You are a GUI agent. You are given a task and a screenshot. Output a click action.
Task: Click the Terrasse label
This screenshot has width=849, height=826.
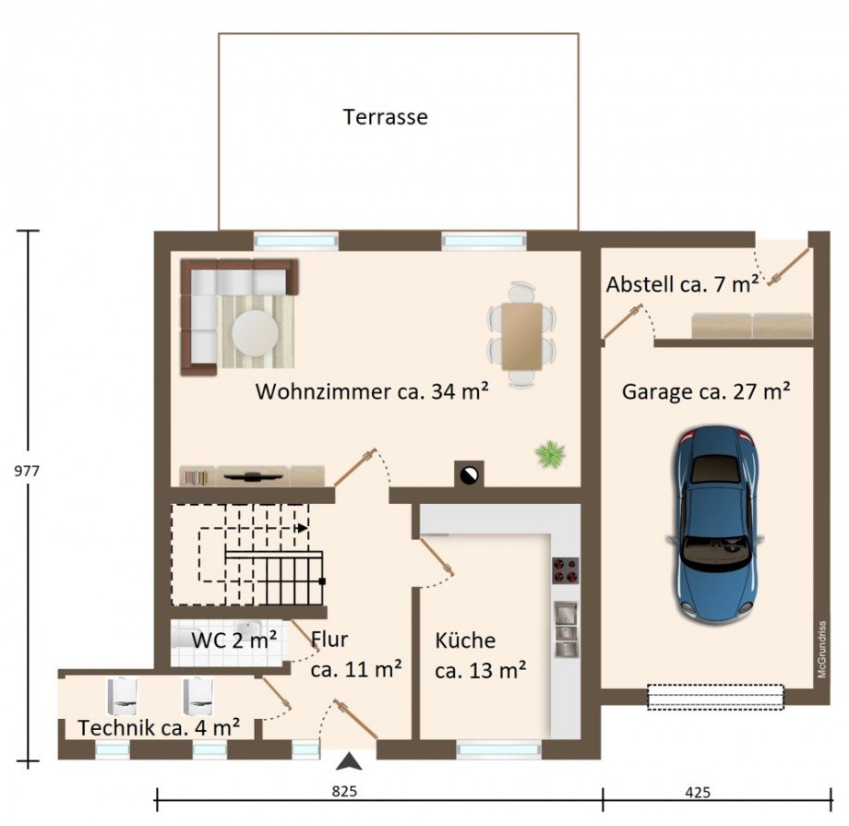[x=385, y=117]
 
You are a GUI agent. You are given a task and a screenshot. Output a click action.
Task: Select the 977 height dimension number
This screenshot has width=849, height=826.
[x=27, y=471]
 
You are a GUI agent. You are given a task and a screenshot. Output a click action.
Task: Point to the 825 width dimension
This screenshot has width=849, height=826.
[x=344, y=791]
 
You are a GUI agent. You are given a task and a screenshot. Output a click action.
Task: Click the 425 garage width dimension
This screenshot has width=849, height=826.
[x=698, y=793]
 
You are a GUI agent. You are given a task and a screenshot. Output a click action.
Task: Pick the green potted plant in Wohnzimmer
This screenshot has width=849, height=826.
[x=550, y=453]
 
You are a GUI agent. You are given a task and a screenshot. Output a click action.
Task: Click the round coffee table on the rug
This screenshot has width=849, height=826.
[x=255, y=332]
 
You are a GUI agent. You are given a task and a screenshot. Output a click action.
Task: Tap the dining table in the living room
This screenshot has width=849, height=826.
[x=522, y=336]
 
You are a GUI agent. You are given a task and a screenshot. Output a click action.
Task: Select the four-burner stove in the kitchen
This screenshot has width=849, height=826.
[x=566, y=570]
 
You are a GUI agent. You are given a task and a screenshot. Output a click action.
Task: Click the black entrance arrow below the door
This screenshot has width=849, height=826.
[x=349, y=761]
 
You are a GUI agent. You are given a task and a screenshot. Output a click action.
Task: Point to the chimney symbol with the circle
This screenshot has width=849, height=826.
[x=469, y=474]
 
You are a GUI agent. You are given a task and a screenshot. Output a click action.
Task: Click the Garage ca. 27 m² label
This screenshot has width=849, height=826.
[x=706, y=390]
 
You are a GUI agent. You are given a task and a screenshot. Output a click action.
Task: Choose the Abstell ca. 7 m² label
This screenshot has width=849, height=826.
[x=682, y=284]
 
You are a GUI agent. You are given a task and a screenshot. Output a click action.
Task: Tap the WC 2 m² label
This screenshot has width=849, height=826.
[x=233, y=640]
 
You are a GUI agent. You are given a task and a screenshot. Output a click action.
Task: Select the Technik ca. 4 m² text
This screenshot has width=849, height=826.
[x=159, y=727]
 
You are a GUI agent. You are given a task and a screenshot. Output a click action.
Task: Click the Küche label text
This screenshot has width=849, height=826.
[x=465, y=640]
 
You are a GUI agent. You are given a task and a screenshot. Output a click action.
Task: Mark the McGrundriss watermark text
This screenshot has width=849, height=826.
[x=822, y=649]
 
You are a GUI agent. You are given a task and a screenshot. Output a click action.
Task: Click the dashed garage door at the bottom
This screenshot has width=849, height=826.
[x=716, y=697]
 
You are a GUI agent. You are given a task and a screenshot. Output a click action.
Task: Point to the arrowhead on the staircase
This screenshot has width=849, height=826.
[x=303, y=528]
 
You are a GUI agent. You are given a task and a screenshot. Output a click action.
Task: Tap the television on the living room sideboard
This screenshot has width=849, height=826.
[x=253, y=476]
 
